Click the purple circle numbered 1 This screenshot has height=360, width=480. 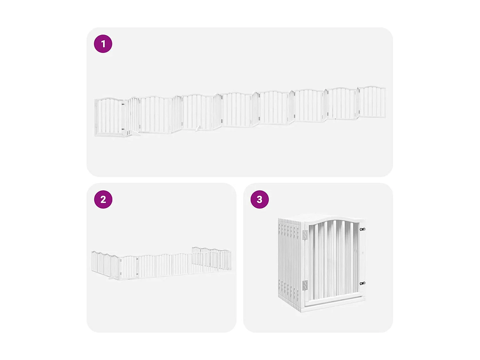[103, 44]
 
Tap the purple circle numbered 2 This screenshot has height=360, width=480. [103, 199]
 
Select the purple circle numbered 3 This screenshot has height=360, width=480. [260, 199]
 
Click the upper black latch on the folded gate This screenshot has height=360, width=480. [362, 229]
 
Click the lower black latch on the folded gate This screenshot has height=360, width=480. [362, 283]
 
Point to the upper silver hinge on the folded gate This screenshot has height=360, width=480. [305, 235]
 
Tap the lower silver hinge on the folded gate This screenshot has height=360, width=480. [305, 285]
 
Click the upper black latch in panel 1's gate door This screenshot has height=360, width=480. [123, 104]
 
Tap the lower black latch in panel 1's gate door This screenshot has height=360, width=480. [123, 129]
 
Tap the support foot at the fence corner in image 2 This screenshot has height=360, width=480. [113, 278]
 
